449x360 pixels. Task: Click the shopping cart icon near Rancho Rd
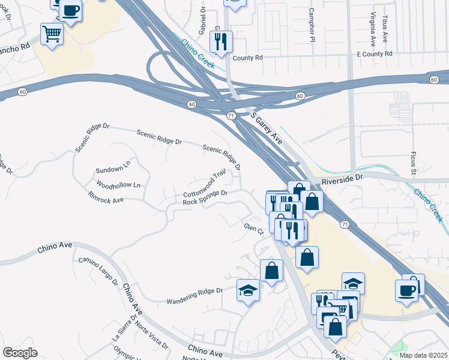coord(52,34)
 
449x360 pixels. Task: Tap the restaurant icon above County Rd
coord(221,41)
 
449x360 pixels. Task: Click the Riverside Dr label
coord(343,179)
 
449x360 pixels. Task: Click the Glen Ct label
coord(254,228)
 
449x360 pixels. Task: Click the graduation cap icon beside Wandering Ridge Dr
coord(248,290)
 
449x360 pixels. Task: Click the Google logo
coord(20,352)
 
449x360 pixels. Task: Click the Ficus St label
coord(414,164)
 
